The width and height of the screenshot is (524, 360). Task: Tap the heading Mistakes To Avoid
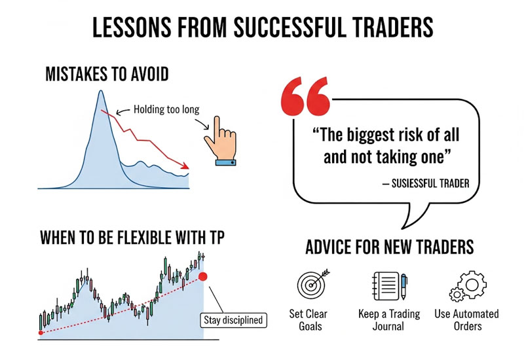(x=107, y=74)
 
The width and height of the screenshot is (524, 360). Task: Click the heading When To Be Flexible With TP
(x=131, y=238)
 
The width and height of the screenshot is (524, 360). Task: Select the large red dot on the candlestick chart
(x=203, y=276)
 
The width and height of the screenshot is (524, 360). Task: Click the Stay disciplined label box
(x=232, y=320)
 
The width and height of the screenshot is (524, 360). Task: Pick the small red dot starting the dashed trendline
(x=41, y=333)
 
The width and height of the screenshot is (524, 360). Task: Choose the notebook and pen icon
(x=389, y=285)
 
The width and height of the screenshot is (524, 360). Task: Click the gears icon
(x=466, y=284)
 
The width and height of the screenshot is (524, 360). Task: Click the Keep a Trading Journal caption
(x=389, y=320)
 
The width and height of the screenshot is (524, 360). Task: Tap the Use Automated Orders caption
(x=466, y=320)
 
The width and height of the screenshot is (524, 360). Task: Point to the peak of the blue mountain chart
(x=101, y=92)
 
